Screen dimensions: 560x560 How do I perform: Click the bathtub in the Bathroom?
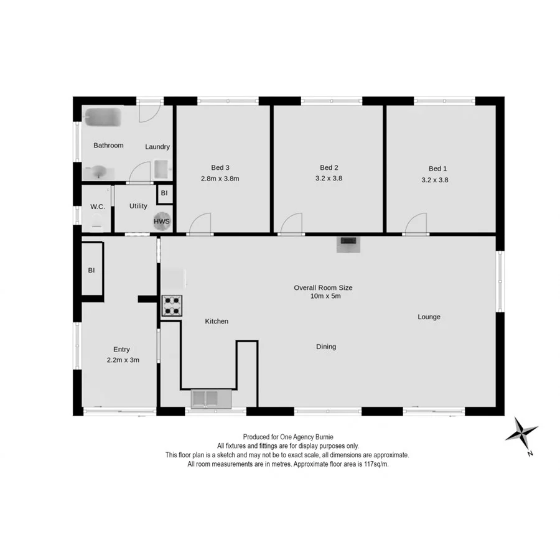pos(101,116)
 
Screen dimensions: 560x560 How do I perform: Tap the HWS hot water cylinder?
pos(162,221)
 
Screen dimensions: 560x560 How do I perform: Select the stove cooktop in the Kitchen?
pos(172,305)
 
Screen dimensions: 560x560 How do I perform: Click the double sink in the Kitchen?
pos(210,398)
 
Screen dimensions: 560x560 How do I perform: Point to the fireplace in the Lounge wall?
pos(347,244)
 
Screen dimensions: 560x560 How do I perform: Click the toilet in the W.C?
pos(96,220)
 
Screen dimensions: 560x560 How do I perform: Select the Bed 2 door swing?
pos(291,225)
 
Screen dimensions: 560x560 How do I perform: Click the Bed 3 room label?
pos(220,167)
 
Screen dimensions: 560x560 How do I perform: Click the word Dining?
pos(326,347)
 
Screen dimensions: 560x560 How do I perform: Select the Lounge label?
pos(429,317)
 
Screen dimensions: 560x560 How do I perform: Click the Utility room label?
pos(138,206)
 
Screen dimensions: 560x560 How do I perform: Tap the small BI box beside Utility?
pos(164,193)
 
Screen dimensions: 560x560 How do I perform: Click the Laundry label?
pos(157,147)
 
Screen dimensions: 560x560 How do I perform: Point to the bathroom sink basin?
pos(100,171)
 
